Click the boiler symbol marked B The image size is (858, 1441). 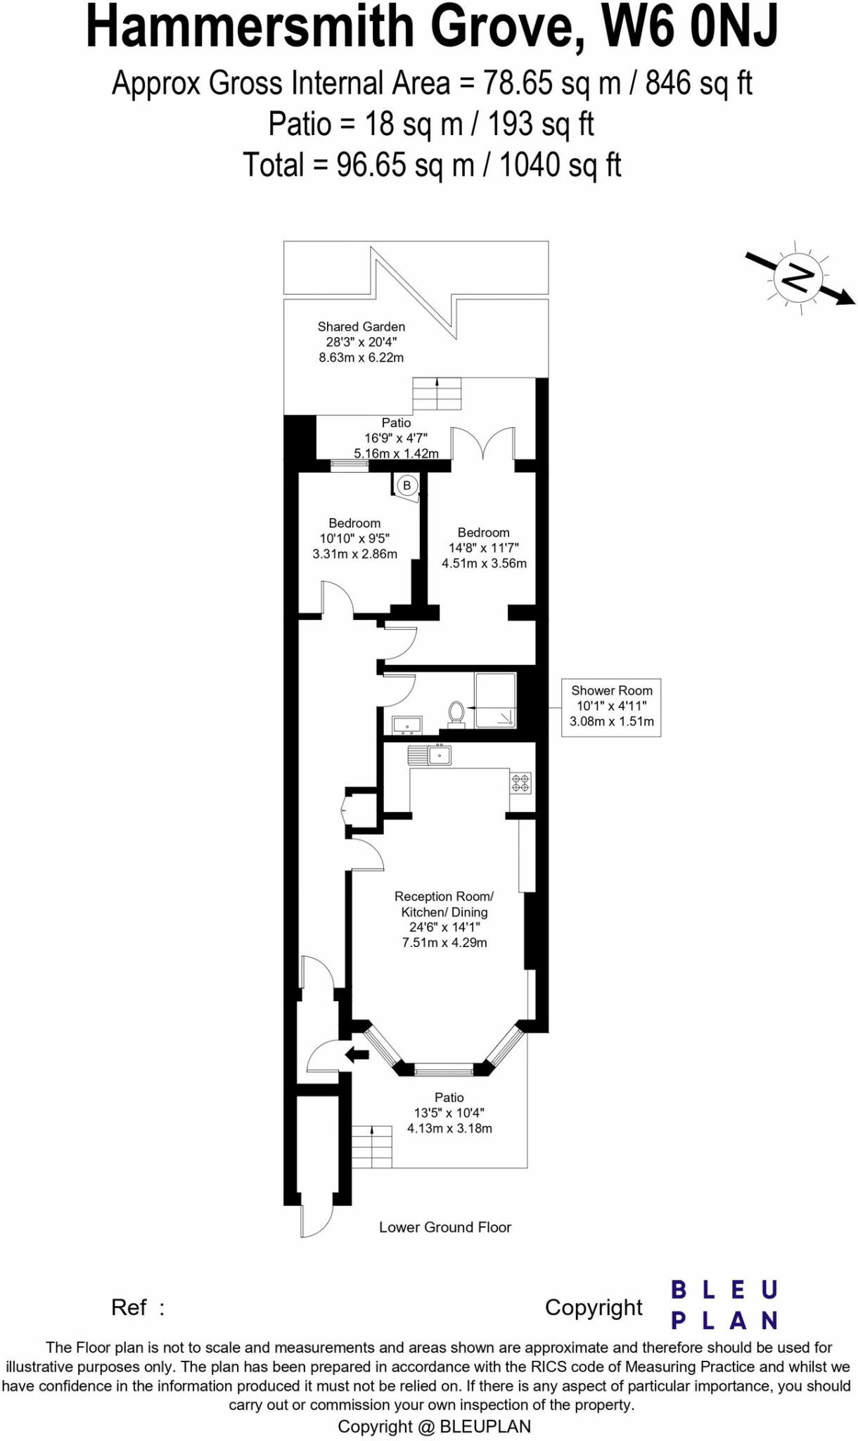(406, 485)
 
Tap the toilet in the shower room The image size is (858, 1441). (456, 713)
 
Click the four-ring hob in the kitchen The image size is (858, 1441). (520, 782)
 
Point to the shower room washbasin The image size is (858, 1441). (406, 724)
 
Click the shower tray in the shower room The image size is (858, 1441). (496, 700)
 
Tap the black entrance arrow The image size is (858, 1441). (358, 1054)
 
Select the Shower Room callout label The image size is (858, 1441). (611, 706)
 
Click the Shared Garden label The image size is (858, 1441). (361, 326)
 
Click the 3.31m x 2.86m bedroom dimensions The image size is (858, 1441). (354, 554)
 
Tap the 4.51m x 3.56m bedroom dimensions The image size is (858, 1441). (484, 563)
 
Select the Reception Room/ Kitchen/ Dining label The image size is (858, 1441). (444, 904)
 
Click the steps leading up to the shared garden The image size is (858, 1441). (437, 394)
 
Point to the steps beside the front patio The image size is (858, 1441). (372, 1146)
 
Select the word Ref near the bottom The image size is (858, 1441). (129, 1307)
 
